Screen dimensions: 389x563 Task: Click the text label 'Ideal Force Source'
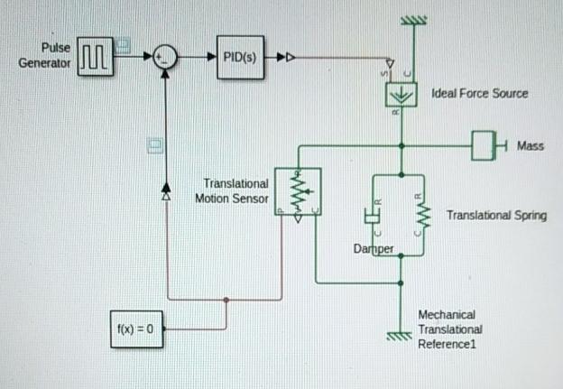(480, 93)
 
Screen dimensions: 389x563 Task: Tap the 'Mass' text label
(531, 145)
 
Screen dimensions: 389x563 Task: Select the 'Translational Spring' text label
(496, 216)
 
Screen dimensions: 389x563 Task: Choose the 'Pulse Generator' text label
(44, 56)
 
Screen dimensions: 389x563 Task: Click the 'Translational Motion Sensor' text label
(232, 190)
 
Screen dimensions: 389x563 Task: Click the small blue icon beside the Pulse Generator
(124, 42)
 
